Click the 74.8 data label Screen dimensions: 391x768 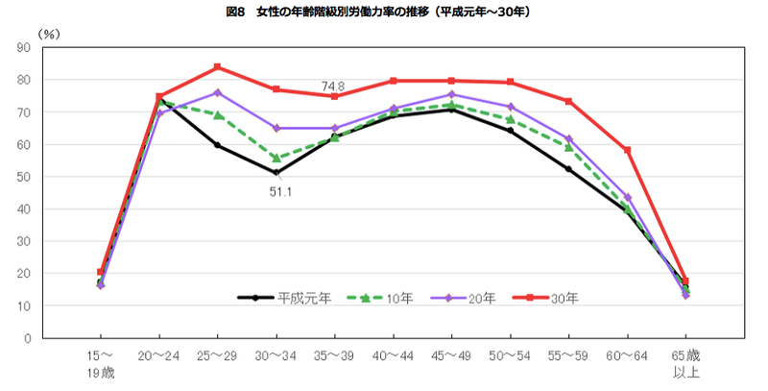(x=334, y=86)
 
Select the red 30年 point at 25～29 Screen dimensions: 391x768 (x=218, y=67)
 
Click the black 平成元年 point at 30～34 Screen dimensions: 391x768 (x=276, y=173)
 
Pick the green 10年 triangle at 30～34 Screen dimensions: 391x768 (x=276, y=159)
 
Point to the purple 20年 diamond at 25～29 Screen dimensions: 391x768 (x=218, y=92)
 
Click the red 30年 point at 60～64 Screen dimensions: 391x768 (x=627, y=150)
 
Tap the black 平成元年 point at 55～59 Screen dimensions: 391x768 (x=568, y=169)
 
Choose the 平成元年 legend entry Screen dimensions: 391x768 (x=285, y=298)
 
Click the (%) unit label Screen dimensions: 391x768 (x=47, y=33)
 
